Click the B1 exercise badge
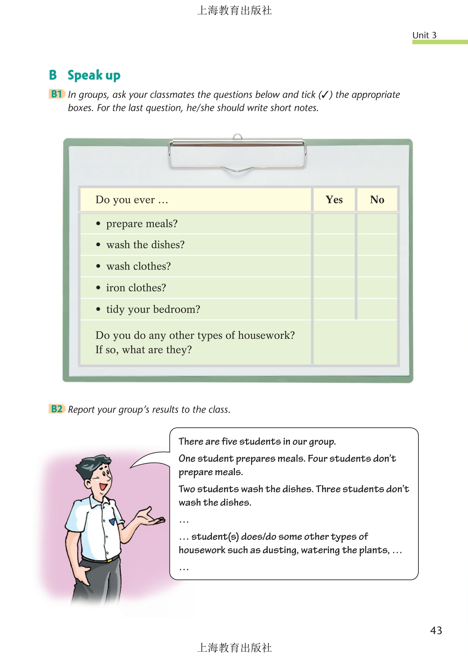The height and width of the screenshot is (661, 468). [57, 94]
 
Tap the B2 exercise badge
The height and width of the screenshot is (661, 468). [57, 409]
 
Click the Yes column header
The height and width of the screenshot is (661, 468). [334, 200]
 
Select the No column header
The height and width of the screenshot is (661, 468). [377, 200]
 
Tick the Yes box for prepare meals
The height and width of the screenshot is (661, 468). [334, 224]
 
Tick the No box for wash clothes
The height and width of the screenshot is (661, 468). [377, 266]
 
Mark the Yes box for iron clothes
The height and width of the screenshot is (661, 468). [334, 288]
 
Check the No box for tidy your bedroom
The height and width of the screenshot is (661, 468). [377, 309]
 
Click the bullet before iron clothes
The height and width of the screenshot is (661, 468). [98, 288]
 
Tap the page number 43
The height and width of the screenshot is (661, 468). [436, 630]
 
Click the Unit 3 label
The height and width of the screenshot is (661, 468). [424, 35]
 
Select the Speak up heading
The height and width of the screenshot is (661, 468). [94, 75]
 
